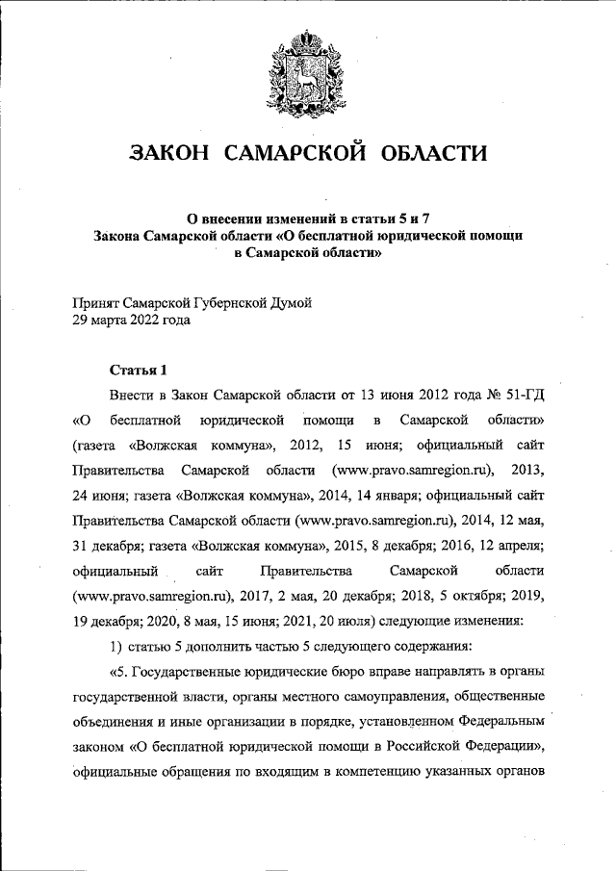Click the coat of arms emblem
point(308,68)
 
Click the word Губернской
point(223,303)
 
